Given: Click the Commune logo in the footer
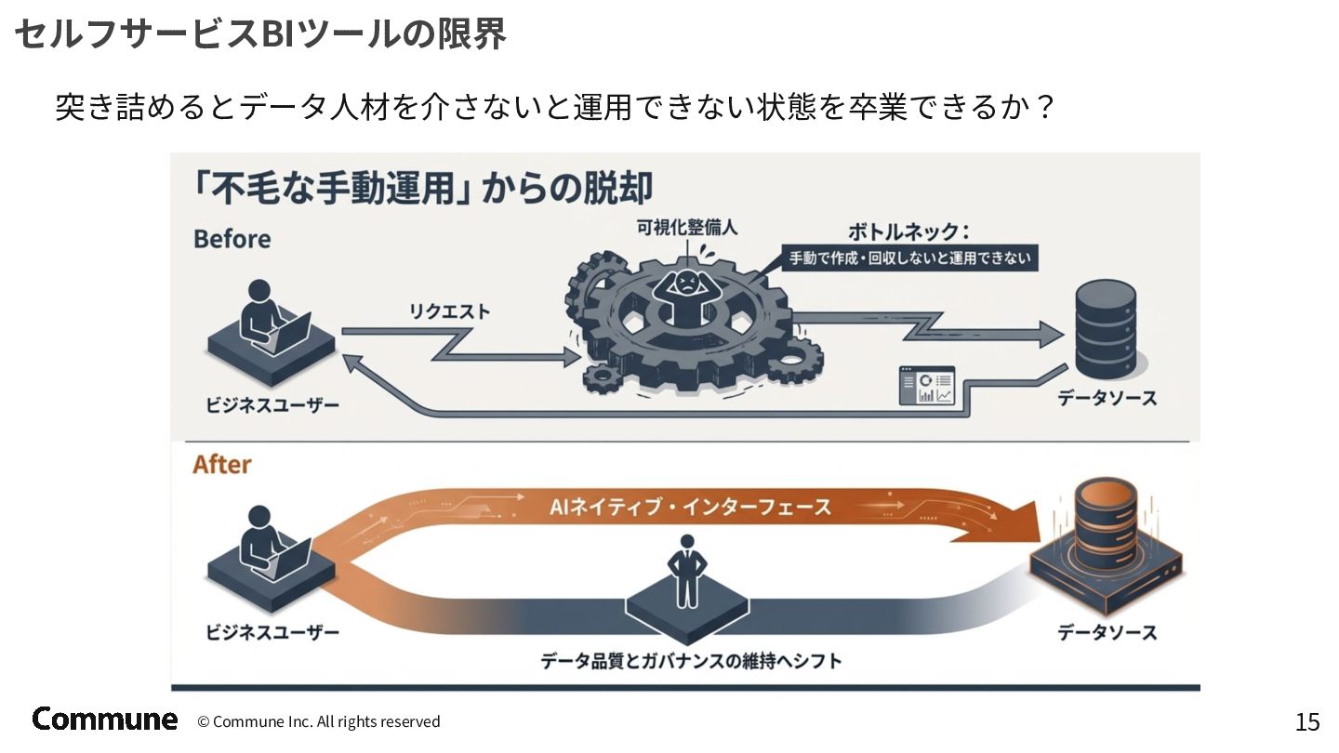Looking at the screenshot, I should click(104, 719).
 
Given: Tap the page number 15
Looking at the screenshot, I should click(1306, 721).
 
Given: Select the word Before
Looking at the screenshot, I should click(232, 239).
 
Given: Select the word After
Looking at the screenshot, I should click(221, 464).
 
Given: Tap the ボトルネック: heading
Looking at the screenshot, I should click(908, 231).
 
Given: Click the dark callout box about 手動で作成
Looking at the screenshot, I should click(909, 258).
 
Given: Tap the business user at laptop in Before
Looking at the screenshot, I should click(269, 326).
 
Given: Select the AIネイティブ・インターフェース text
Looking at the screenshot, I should click(690, 508).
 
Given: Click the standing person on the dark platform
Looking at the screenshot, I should click(687, 572).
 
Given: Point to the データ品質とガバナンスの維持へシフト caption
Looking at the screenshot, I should click(691, 661).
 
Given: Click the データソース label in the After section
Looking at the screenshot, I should click(1107, 632).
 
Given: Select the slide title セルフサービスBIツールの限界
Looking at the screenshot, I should click(260, 33).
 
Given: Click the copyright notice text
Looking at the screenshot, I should click(318, 721).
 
